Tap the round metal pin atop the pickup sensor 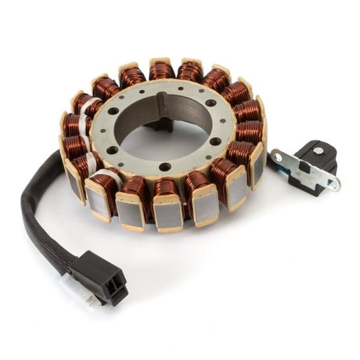coord(319,149)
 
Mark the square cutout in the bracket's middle coord(304,167)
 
